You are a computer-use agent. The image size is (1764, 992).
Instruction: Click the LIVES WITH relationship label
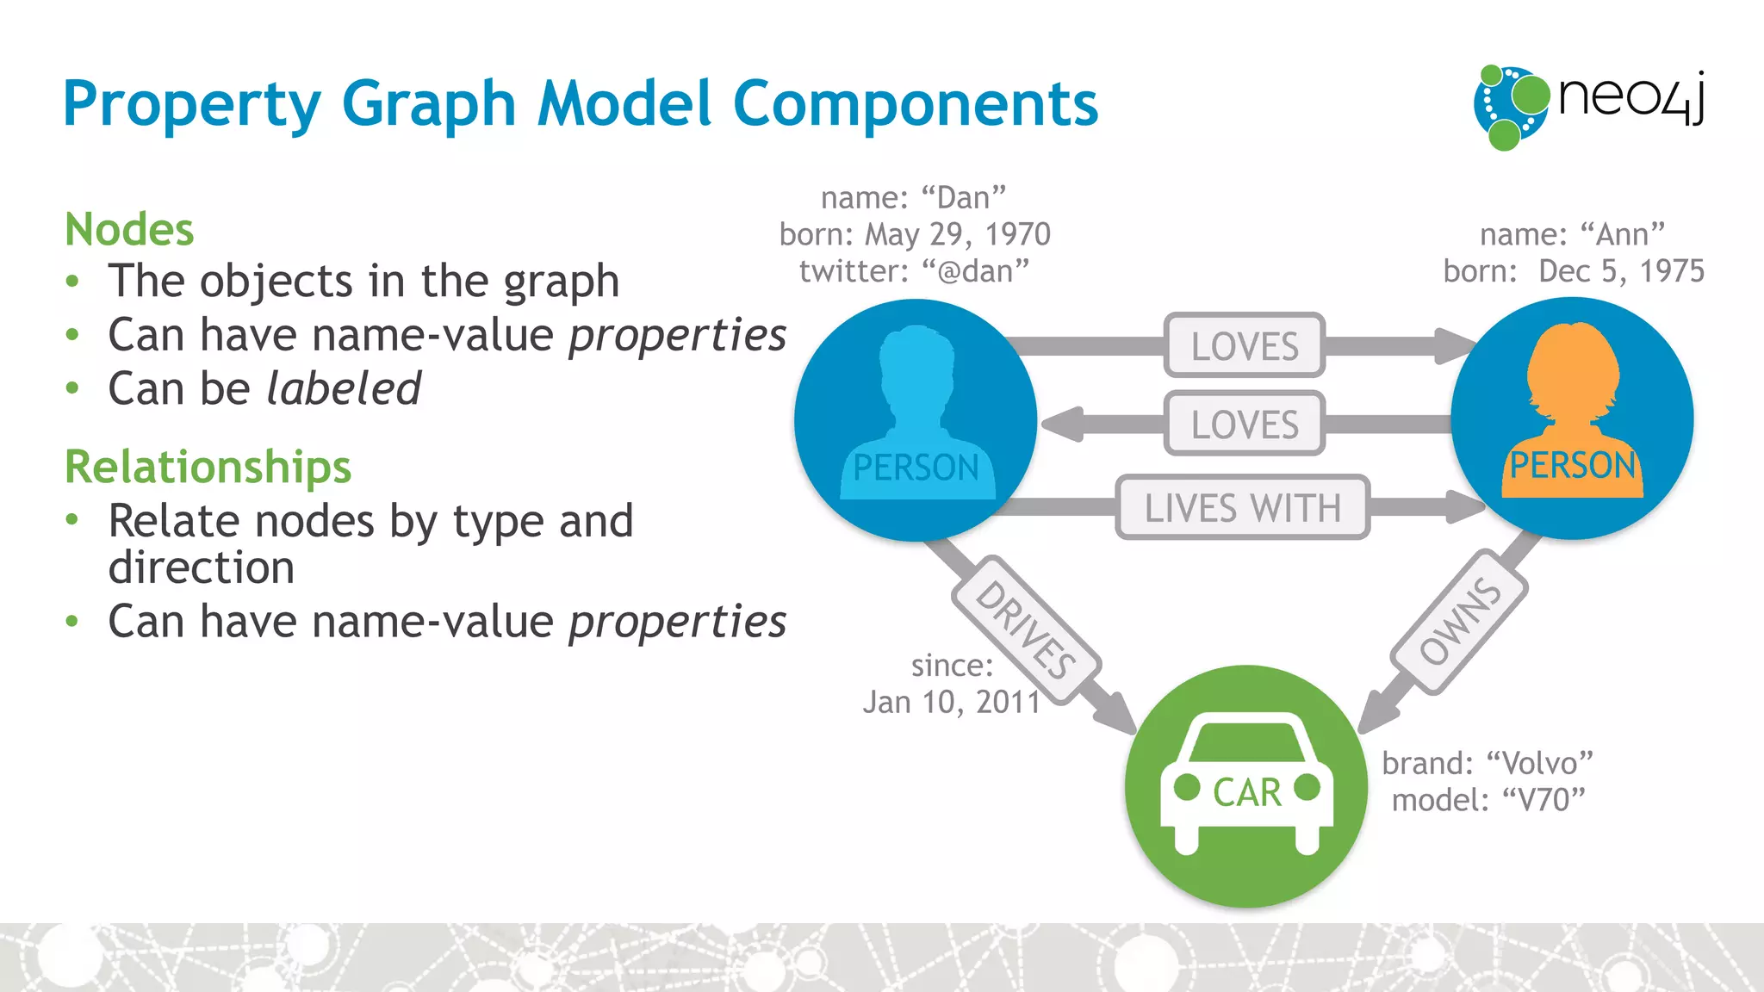coord(1242,508)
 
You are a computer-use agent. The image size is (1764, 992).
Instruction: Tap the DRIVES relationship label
coord(1026,629)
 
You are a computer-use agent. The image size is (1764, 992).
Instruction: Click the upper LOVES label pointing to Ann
coord(1244,346)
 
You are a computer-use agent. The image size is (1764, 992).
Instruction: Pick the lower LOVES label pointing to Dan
coord(1244,425)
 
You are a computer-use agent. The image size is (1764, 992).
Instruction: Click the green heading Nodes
coord(129,230)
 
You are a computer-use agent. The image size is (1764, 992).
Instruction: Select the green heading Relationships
coord(208,467)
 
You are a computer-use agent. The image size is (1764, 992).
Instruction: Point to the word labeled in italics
coord(344,388)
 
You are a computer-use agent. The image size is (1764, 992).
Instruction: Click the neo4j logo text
coord(1630,99)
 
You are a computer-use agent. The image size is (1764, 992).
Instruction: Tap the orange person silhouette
coord(1573,405)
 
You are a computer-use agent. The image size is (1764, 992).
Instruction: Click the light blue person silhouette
coord(916,405)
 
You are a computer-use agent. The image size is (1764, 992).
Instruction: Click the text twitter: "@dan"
coord(914,272)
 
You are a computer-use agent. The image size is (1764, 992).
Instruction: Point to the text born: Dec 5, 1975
coord(1574,271)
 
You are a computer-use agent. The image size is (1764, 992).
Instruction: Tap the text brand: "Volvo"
coord(1488,763)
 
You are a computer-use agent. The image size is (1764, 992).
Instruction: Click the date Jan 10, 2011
coord(952,703)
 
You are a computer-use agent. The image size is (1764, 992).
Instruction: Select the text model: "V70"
coord(1488,800)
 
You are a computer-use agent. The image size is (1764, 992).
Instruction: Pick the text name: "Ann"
coord(1572,234)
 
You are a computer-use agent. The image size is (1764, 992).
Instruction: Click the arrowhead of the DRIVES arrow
coord(1115,714)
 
